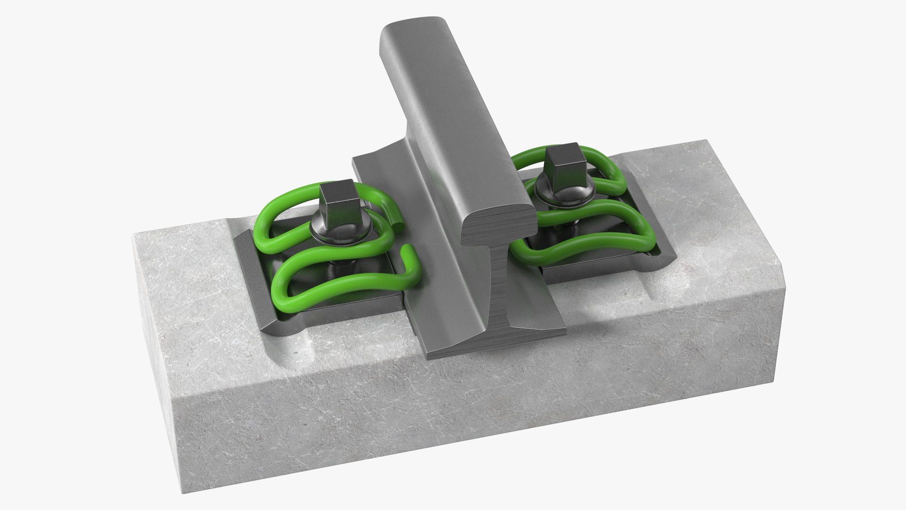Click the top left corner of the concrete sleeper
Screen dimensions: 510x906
point(137,236)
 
